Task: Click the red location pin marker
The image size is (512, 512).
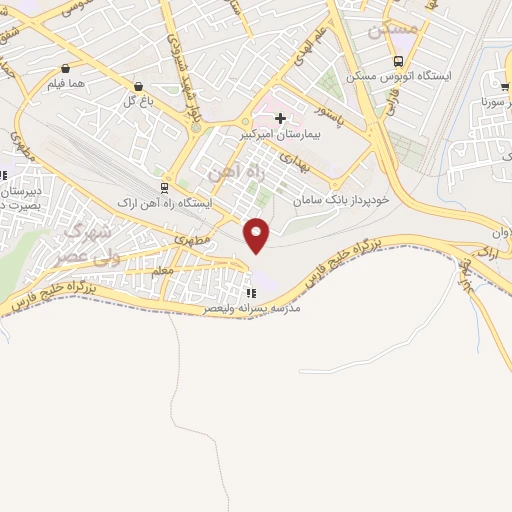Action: click(x=258, y=235)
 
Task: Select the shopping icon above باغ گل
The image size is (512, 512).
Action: click(x=137, y=86)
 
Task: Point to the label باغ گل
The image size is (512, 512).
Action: click(x=137, y=101)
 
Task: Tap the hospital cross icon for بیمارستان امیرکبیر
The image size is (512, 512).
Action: click(x=280, y=119)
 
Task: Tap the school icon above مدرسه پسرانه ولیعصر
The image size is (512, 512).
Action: click(x=251, y=293)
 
